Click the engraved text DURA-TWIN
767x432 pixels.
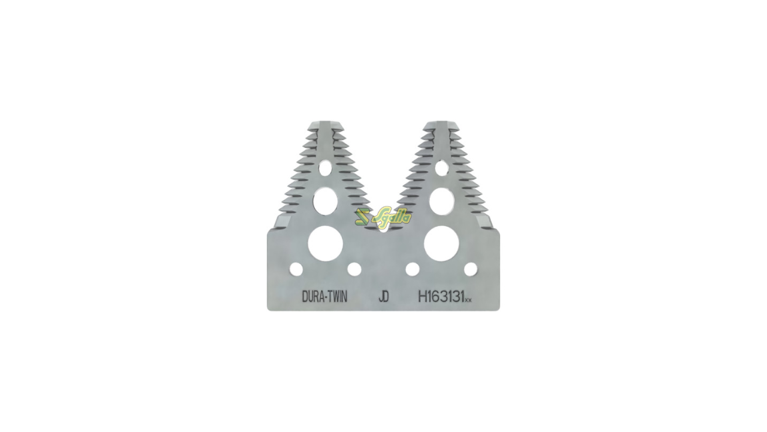click(x=324, y=297)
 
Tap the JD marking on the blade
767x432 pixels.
click(x=383, y=297)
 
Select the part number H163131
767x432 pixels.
click(x=441, y=297)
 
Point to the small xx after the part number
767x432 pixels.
click(x=469, y=300)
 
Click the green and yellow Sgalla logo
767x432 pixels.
click(x=383, y=218)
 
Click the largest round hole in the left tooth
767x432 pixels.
click(x=325, y=243)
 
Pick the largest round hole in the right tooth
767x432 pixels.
click(x=441, y=243)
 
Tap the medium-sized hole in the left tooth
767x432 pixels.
click(x=325, y=201)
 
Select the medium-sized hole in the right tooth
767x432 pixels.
click(x=441, y=199)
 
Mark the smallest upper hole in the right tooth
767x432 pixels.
click(x=441, y=167)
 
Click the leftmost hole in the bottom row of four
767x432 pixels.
click(x=296, y=269)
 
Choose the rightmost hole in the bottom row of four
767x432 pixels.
click(x=471, y=269)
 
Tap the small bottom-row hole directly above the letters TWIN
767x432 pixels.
click(x=354, y=269)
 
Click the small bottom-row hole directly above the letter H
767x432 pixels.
click(x=412, y=269)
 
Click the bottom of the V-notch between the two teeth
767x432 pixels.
click(x=383, y=229)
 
